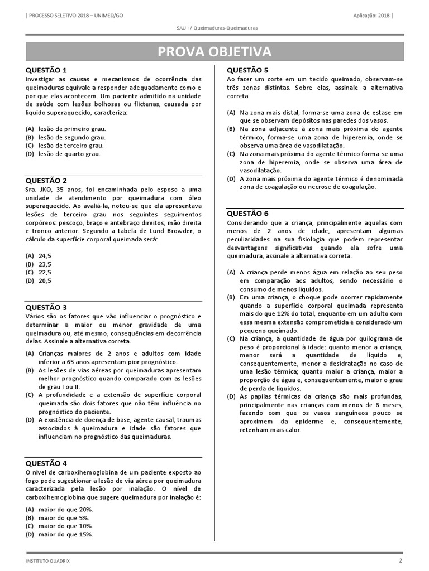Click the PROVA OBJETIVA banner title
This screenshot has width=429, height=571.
(214, 52)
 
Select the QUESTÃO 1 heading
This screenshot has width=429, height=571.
(46, 70)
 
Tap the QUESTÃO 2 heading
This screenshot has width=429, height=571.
(46, 180)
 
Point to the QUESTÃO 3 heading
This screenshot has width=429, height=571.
(46, 307)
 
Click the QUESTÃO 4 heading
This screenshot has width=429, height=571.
(46, 463)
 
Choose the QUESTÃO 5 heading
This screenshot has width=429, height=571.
(247, 70)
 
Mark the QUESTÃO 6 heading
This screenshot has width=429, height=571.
(247, 213)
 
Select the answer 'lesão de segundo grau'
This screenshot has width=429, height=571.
(71, 137)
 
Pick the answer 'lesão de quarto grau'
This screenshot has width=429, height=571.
(69, 154)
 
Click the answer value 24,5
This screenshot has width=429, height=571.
(45, 255)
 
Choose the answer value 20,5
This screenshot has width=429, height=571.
(45, 281)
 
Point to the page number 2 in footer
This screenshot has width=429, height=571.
(400, 560)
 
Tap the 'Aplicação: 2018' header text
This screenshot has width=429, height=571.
(373, 15)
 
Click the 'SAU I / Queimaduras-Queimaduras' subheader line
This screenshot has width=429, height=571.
(214, 28)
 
